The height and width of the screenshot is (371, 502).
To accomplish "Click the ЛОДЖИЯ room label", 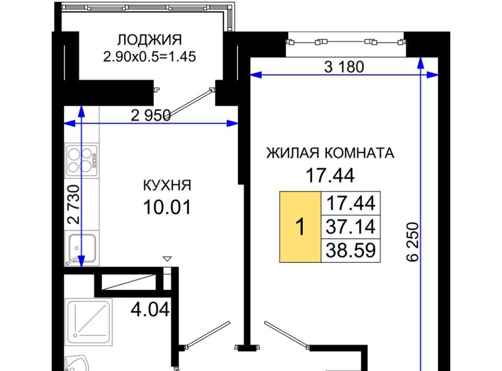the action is (x=149, y=40).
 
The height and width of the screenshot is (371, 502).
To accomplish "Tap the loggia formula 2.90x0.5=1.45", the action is (x=149, y=57).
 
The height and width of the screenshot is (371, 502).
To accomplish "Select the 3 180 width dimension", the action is (x=344, y=67).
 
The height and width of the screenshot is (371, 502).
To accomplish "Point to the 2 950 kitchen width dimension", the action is (x=151, y=115).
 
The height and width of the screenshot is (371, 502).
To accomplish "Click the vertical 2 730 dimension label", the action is (x=74, y=204).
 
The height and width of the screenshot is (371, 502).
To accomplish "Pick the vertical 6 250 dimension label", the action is (x=413, y=242).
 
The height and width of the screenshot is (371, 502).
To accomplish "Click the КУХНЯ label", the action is (x=167, y=185).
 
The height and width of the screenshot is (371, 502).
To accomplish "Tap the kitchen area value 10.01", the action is (x=167, y=207).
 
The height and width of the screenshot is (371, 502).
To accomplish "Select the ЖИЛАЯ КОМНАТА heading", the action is (x=330, y=153).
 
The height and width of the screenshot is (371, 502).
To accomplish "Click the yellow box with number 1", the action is (x=300, y=227).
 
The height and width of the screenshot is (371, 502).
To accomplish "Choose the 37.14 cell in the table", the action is (x=350, y=227).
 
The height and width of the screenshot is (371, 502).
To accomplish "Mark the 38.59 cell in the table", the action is (x=350, y=250).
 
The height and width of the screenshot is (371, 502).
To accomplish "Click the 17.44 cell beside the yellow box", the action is (x=350, y=203).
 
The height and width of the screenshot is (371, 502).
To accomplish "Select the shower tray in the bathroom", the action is (x=89, y=322).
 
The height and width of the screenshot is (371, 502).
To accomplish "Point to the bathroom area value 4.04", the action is (x=150, y=309).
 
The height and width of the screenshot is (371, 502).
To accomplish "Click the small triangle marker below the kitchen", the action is (x=167, y=259).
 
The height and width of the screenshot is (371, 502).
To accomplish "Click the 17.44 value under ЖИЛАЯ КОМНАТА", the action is (x=330, y=175).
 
